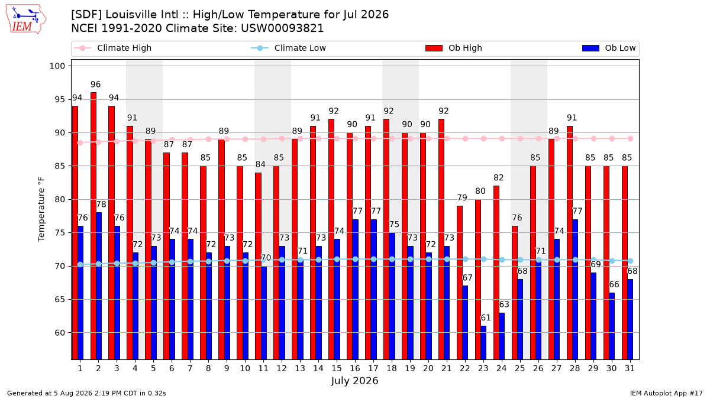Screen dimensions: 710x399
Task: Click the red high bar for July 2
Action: coord(93,226)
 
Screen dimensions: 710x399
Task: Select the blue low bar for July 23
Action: coord(483,343)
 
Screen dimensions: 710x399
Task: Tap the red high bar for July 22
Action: coord(460,283)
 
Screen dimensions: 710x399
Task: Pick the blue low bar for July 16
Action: coord(356,290)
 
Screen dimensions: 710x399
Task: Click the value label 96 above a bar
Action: coord(95,85)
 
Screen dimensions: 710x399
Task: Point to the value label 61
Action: coord(486,317)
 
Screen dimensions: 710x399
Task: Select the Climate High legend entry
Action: coord(113,48)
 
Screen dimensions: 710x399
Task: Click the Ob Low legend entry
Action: coord(609,48)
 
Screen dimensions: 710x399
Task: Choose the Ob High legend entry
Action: coord(454,48)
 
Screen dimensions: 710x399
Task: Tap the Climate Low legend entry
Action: coord(289,48)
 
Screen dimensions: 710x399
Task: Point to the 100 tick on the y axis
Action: coord(57,66)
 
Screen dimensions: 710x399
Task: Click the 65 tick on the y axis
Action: coord(60,300)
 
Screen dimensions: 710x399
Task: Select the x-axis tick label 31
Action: coord(630,369)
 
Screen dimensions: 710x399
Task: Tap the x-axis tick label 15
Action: coord(337,369)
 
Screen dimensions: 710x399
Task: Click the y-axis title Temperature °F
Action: coord(41,209)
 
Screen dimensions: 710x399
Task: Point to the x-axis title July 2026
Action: coord(354,381)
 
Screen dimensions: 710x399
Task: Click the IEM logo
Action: coord(25,20)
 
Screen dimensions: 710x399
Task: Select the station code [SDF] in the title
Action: coord(86,15)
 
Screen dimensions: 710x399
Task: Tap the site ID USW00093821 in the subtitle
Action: coord(282,28)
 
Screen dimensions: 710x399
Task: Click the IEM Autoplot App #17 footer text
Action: coord(666,393)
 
